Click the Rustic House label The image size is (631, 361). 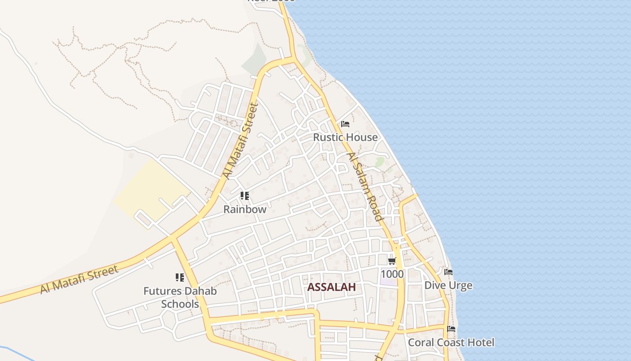tap(345, 137)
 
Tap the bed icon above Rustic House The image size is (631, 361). tap(345, 124)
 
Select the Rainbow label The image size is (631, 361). tap(245, 209)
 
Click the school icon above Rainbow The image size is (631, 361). tap(245, 196)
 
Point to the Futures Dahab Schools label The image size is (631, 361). tap(180, 297)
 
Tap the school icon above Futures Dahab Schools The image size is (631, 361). tap(180, 278)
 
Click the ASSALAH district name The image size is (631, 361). tap(331, 287)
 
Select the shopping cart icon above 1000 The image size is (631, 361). tap(392, 261)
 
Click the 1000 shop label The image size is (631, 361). tap(392, 274)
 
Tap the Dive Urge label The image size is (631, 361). tap(448, 285)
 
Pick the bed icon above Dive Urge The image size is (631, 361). tap(448, 272)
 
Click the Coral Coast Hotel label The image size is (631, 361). tap(451, 342)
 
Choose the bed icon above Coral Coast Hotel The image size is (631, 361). tap(451, 329)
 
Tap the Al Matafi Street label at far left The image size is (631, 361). tap(79, 280)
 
